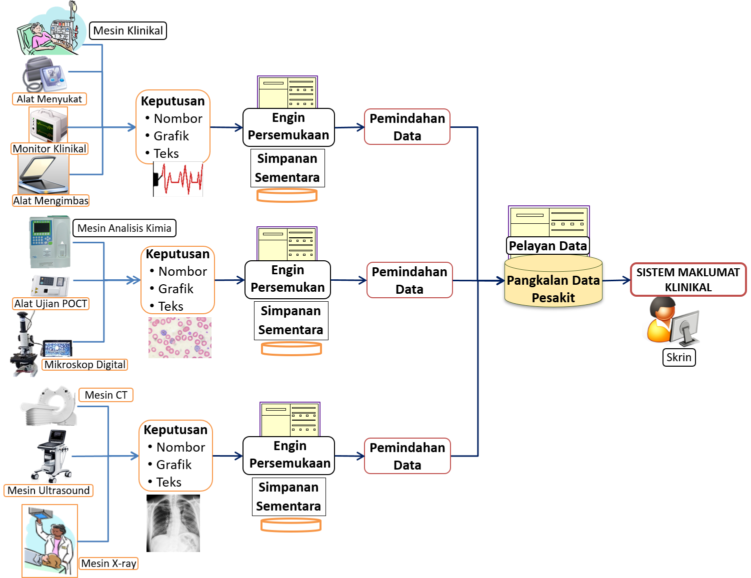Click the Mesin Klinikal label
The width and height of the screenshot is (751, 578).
(128, 31)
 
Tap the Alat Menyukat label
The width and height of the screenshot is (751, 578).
(49, 99)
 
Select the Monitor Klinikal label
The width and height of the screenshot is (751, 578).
(49, 148)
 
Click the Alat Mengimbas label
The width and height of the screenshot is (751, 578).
(50, 201)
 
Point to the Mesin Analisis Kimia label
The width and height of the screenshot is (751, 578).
(124, 228)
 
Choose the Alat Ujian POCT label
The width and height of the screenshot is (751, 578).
(50, 304)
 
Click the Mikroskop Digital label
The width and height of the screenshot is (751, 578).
(84, 365)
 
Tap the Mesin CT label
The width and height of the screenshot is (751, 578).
(106, 395)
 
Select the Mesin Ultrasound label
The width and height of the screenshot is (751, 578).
(48, 491)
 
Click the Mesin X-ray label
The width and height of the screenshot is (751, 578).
(108, 564)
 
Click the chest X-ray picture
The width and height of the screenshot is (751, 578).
(173, 523)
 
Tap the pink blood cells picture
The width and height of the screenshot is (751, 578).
(180, 338)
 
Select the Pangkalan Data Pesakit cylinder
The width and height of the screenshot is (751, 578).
(553, 282)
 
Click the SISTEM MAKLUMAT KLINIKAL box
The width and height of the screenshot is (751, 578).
(688, 280)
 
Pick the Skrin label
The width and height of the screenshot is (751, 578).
(678, 357)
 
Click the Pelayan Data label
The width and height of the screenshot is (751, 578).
(547, 246)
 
